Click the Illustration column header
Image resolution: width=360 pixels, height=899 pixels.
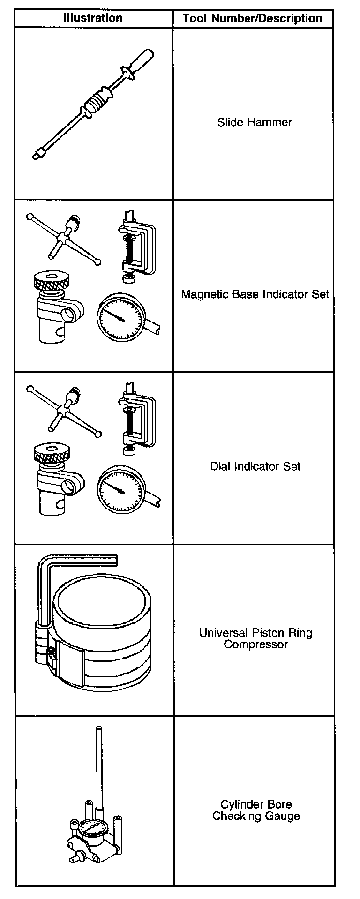[x=93, y=18]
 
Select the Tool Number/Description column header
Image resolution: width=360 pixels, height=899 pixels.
[x=253, y=19]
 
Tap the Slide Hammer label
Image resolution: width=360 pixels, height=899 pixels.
[x=255, y=122]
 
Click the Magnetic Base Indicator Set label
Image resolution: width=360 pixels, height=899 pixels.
[x=255, y=294]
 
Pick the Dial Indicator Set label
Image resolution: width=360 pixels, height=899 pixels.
[x=255, y=466]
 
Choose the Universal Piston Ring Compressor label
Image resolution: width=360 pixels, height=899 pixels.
[x=255, y=638]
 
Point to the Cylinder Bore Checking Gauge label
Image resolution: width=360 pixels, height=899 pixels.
[x=255, y=810]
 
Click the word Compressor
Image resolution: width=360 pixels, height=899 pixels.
[x=255, y=644]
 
